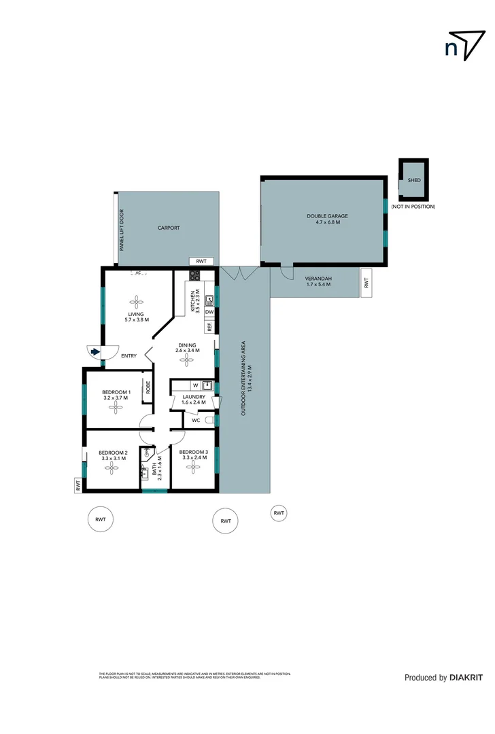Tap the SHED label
click(413, 180)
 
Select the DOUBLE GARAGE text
click(327, 216)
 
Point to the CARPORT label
click(169, 228)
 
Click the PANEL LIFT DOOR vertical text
click(122, 230)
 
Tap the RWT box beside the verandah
click(365, 281)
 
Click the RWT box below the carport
click(201, 261)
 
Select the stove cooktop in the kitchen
click(194, 275)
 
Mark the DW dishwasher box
click(209, 312)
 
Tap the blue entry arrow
click(95, 352)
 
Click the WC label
click(196, 421)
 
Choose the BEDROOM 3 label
click(194, 452)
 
